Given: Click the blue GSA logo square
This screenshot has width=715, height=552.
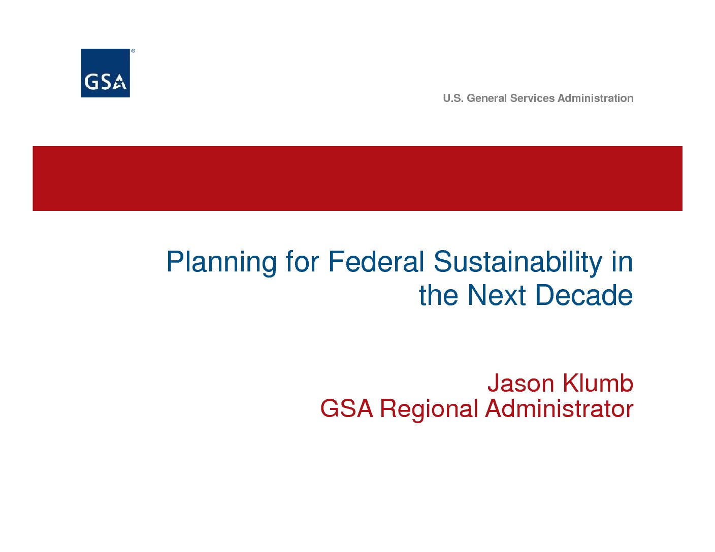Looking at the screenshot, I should click(105, 73).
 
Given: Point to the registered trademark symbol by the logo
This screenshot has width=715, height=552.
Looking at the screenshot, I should click(133, 51).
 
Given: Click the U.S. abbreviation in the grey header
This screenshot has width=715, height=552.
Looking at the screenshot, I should click(453, 98).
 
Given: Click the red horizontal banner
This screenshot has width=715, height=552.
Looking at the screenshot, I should click(357, 179).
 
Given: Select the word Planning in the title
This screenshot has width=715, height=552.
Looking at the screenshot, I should click(221, 263).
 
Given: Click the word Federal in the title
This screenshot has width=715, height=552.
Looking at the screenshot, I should click(376, 262).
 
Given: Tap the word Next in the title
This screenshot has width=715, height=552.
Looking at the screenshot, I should click(496, 295).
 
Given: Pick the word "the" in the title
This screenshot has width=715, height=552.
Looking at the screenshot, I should click(438, 295).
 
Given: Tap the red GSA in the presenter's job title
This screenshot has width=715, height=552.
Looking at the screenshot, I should click(346, 409).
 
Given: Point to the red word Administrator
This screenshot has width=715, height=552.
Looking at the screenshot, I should click(559, 409).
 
